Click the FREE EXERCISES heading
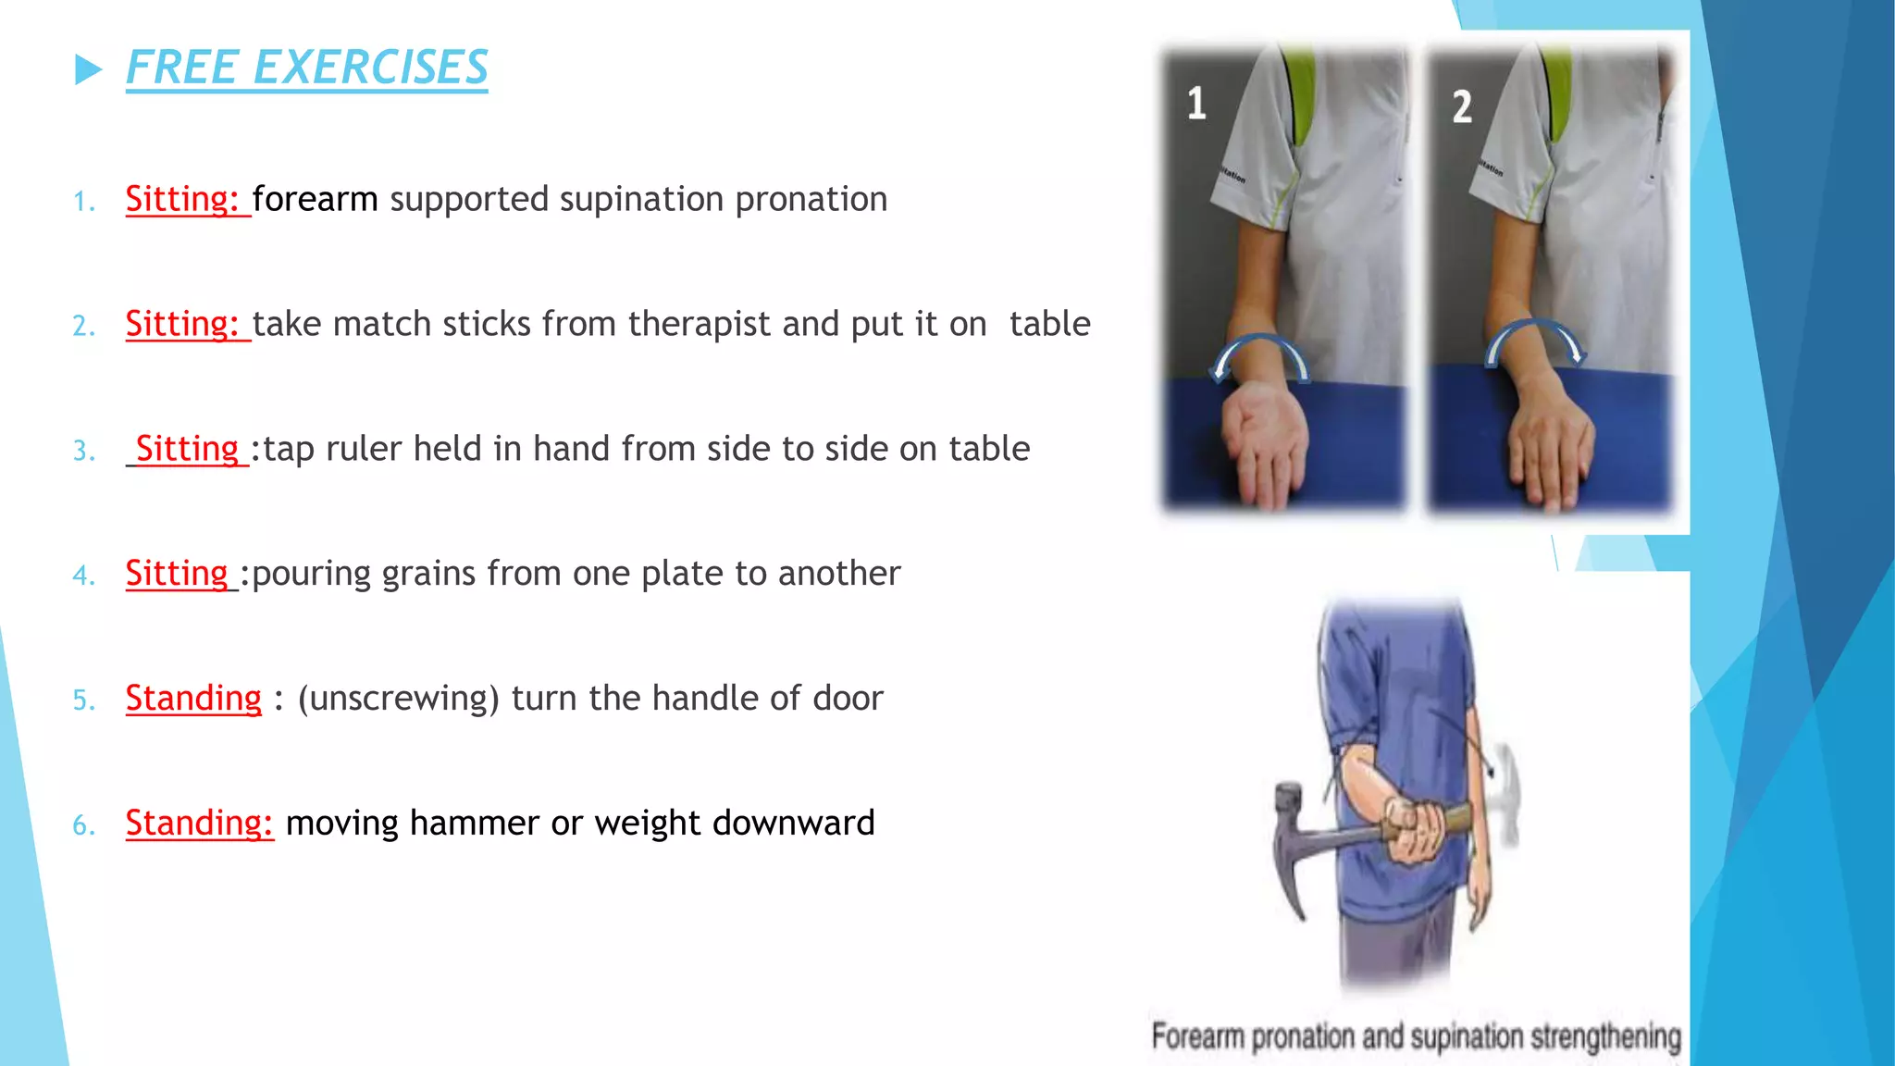click(306, 68)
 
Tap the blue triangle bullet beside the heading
click(88, 69)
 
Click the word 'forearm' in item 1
click(315, 199)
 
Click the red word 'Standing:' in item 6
click(199, 823)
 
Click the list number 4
click(83, 576)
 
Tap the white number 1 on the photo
click(1196, 103)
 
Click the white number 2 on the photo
click(1462, 106)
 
